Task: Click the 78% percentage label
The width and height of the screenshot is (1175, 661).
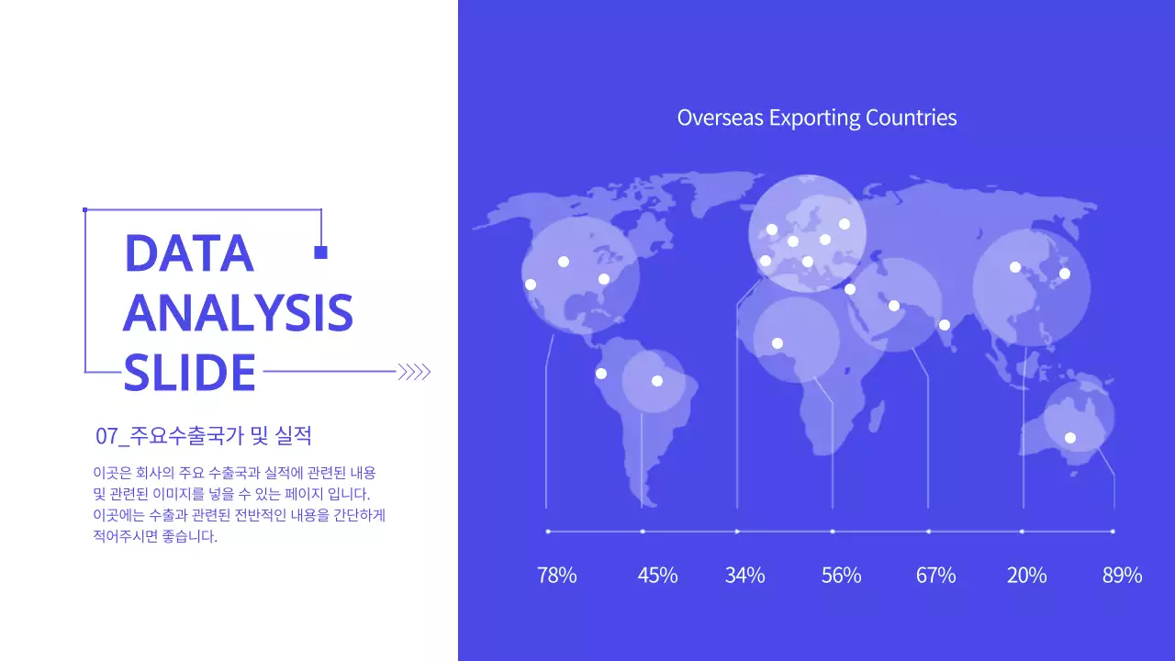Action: coord(557,576)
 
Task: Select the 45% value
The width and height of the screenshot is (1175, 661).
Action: coord(657,576)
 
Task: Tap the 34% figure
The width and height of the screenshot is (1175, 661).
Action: coord(744,576)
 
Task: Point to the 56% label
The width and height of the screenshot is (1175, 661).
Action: coord(841,576)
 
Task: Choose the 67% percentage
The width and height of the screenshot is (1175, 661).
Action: coord(935,576)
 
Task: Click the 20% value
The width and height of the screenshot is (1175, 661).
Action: coord(1026,576)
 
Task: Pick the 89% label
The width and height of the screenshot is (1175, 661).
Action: coord(1122,576)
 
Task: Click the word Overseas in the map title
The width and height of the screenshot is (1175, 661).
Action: coord(720,118)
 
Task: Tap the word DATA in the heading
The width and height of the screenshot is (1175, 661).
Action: coord(188,253)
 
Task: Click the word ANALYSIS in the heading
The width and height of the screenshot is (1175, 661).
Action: coord(238,313)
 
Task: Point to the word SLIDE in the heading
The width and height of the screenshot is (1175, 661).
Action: coord(189,373)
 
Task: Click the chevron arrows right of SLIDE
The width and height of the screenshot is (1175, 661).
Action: coord(414,372)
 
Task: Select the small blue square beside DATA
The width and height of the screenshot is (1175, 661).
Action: coord(320,252)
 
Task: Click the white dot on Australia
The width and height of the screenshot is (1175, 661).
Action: coord(1069,438)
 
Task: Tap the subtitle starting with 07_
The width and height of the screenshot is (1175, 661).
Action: coord(204,435)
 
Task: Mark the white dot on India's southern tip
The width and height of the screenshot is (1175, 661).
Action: coord(944,325)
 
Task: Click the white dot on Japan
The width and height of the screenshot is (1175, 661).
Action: coord(1065,274)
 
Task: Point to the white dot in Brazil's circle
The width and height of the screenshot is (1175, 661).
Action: coord(656,381)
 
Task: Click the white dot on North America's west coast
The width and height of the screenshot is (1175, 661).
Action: coord(530,285)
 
